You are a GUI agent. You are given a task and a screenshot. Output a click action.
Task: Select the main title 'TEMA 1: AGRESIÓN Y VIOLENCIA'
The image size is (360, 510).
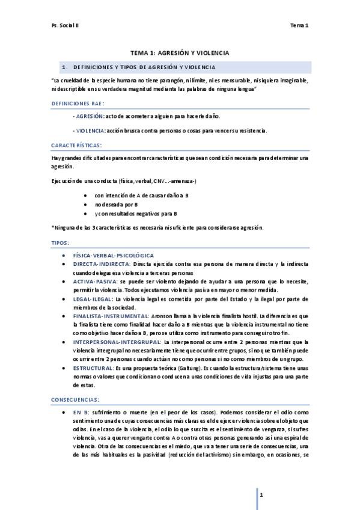[180, 53]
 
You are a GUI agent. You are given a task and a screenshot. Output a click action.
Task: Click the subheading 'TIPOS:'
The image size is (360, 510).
[61, 242]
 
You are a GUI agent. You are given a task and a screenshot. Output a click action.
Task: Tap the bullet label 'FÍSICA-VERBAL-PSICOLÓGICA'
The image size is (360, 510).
[114, 256]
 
